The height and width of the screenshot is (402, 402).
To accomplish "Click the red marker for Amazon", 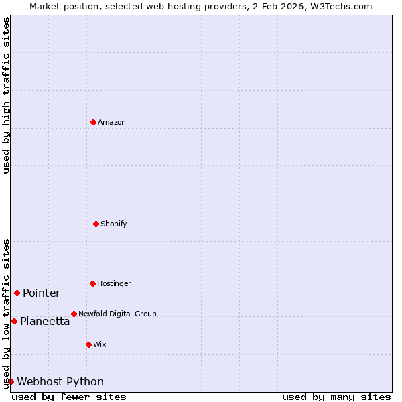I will pyautogui.click(x=93, y=122).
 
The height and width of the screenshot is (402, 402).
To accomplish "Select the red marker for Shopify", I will pyautogui.click(x=96, y=224).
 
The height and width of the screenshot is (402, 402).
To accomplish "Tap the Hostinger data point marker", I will pyautogui.click(x=92, y=283).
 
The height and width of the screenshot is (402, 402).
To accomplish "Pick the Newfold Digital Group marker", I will pyautogui.click(x=74, y=314).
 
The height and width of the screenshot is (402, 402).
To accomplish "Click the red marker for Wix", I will pyautogui.click(x=88, y=344).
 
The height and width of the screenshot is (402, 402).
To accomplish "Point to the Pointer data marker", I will pyautogui.click(x=17, y=293).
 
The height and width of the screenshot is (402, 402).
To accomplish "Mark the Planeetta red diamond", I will pyautogui.click(x=14, y=321).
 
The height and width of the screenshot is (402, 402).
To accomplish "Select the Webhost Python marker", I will pyautogui.click(x=11, y=381).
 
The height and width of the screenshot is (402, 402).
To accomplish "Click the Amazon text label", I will pyautogui.click(x=112, y=122).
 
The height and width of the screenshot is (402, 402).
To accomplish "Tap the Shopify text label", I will pyautogui.click(x=114, y=224).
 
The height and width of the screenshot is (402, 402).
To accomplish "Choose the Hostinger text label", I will pyautogui.click(x=114, y=283).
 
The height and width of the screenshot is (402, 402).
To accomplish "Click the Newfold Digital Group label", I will pyautogui.click(x=117, y=314).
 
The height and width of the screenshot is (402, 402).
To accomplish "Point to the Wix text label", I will pyautogui.click(x=100, y=344).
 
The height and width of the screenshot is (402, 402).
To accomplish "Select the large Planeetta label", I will pyautogui.click(x=45, y=321).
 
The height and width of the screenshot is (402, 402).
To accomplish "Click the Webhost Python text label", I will pyautogui.click(x=60, y=381).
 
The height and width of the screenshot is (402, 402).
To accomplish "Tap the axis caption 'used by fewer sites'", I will pyautogui.click(x=69, y=397).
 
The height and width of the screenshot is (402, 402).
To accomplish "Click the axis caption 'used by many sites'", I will pyautogui.click(x=336, y=397).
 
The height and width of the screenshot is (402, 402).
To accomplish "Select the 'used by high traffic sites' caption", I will pyautogui.click(x=6, y=95).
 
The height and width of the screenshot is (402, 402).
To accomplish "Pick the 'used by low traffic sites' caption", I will pyautogui.click(x=6, y=314).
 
